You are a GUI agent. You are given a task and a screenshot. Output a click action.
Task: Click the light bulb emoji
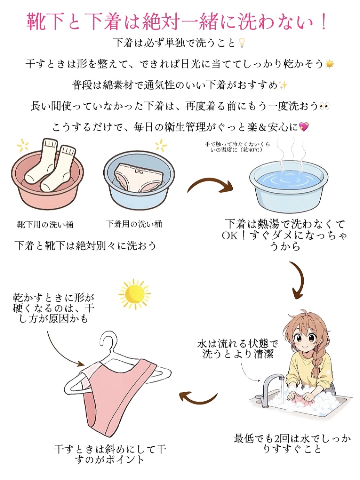[x=242, y=43]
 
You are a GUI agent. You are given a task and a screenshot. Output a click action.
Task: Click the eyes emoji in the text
[x=324, y=106]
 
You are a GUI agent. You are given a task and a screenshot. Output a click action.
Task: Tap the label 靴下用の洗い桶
[x=45, y=224]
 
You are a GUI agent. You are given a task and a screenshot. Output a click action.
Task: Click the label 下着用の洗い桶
[x=134, y=224]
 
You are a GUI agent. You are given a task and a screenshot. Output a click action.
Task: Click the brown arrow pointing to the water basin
[x=210, y=186]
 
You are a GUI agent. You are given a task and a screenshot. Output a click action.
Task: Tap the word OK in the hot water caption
[x=230, y=236]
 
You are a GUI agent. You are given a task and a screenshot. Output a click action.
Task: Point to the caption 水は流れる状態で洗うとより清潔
[x=237, y=349]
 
